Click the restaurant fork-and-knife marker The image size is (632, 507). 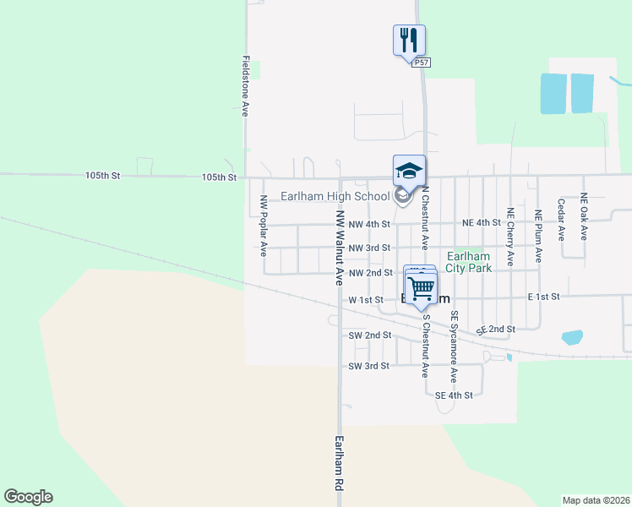tap(409, 40)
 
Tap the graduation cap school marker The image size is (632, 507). tap(409, 171)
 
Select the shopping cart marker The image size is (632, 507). tap(421, 287)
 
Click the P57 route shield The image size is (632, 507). tap(422, 62)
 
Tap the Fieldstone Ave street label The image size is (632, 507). tap(245, 85)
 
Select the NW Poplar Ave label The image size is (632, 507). tap(264, 226)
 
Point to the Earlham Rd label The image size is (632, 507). tap(340, 463)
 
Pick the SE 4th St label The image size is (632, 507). tap(454, 395)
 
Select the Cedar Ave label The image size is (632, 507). tap(561, 220)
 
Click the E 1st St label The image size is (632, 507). tap(544, 297)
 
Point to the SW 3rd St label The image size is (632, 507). tap(368, 366)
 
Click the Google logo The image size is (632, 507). tap(28, 497)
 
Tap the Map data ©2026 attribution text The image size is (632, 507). tap(596, 500)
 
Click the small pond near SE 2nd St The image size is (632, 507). tap(572, 337)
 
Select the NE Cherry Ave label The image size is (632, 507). tap(509, 237)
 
